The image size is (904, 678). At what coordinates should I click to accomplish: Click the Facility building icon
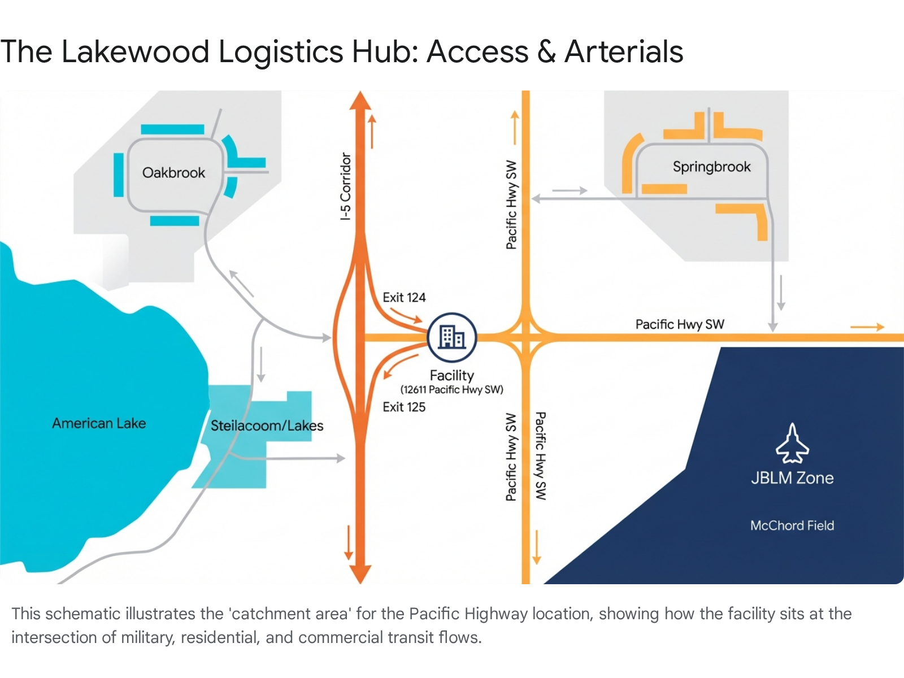[x=452, y=337]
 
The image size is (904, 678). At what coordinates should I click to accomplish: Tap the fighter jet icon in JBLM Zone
[x=792, y=444]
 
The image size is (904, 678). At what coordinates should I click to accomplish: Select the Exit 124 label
[x=404, y=298]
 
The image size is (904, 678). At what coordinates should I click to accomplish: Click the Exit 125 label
[x=404, y=407]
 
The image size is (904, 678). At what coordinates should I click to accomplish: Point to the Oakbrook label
[x=173, y=173]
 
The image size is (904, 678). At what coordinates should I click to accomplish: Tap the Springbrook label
[x=711, y=167]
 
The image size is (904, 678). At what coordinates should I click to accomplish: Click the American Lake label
[x=99, y=423]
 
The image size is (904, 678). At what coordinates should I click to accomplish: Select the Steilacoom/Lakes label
[x=267, y=425]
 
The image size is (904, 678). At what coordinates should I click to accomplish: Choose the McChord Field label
[x=792, y=525]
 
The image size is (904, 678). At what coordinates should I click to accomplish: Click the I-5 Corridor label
[x=346, y=186]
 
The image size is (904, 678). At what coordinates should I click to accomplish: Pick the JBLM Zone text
[x=792, y=478]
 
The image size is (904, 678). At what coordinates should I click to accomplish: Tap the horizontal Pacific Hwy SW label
[x=680, y=324]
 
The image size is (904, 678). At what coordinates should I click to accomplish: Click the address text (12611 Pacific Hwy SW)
[x=452, y=389]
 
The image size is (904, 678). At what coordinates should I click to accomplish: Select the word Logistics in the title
[x=280, y=52]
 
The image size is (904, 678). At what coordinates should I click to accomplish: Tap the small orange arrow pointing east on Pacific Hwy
[x=867, y=327]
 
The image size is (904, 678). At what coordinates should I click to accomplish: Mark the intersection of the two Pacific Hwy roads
[x=526, y=337]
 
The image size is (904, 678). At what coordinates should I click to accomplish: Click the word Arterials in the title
[x=624, y=52]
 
